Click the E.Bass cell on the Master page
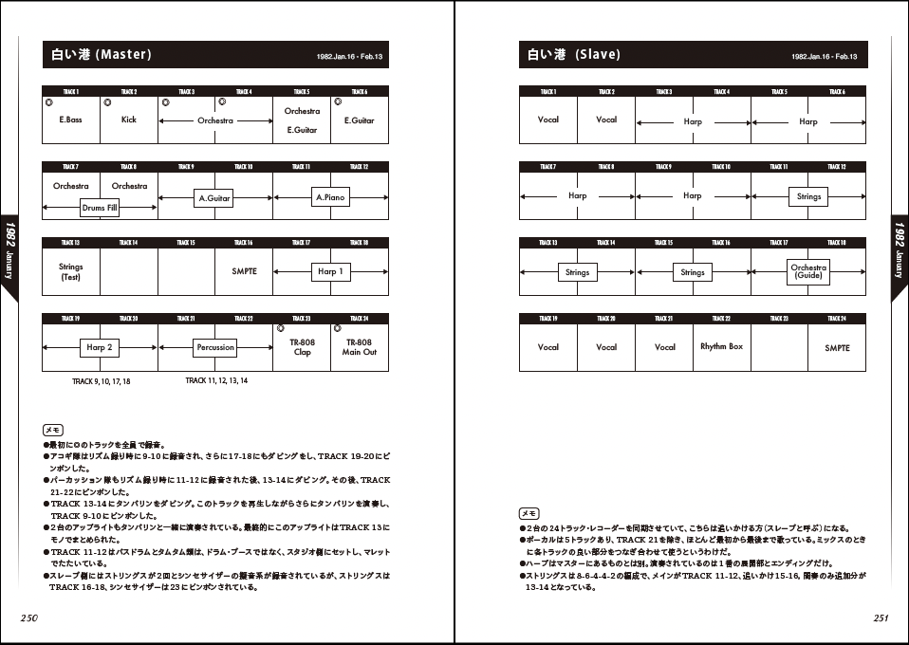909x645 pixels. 70,120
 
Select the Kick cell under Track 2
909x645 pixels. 129,120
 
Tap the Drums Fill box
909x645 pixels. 100,208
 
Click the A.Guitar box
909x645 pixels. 214,198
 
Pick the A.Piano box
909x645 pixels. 330,198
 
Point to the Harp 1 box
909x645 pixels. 330,272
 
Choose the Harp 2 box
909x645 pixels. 100,348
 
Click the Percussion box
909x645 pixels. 215,348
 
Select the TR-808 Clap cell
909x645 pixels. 302,347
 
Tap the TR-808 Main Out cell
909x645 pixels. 360,347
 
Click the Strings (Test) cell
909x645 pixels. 71,272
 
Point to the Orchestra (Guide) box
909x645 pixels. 808,271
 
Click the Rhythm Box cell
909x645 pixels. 721,347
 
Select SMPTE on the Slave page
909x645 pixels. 837,348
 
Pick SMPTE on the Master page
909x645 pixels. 244,271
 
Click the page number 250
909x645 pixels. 28,617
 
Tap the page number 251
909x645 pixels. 881,617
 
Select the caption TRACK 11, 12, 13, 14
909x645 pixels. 216,380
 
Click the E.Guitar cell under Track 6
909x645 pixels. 360,120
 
